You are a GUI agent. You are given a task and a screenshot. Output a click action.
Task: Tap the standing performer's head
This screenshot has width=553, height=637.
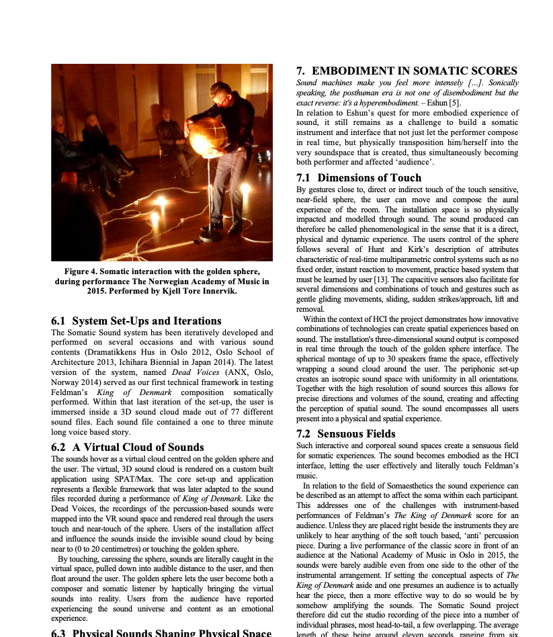220,93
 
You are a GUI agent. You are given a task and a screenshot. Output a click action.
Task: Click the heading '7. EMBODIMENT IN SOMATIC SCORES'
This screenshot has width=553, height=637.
407,71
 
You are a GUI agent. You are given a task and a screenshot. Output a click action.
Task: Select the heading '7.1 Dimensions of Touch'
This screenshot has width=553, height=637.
359,178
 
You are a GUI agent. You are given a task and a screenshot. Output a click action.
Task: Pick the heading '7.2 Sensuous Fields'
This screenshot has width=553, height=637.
349,434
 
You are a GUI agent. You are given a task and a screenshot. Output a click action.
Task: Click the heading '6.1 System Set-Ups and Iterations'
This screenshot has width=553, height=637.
136,321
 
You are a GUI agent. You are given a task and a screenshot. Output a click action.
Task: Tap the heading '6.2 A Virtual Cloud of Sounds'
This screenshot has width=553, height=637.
128,448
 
